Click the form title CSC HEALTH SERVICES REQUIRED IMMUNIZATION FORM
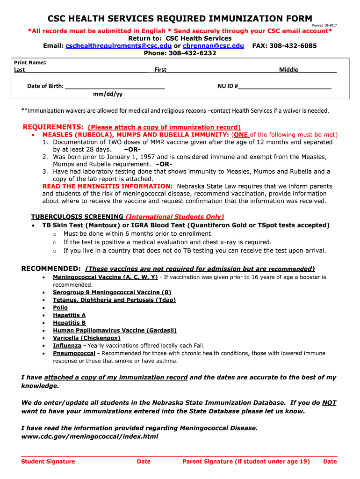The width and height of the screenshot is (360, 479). click(180, 19)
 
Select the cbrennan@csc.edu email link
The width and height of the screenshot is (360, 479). click(213, 46)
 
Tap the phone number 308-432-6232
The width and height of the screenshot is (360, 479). click(195, 53)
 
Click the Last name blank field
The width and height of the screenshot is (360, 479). click(86, 70)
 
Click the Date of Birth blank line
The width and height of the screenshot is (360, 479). click(115, 86)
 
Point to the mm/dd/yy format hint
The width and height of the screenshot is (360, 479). click(108, 94)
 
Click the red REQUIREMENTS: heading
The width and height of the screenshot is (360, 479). click(53, 127)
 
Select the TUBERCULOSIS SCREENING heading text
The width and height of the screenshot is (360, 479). click(77, 217)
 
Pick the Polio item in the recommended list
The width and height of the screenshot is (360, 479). click(60, 308)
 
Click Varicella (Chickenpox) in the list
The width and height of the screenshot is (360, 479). click(86, 338)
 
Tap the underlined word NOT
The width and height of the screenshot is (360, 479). click(329, 403)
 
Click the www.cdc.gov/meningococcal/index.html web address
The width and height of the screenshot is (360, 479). click(90, 436)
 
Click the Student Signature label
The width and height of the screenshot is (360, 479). click(48, 462)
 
